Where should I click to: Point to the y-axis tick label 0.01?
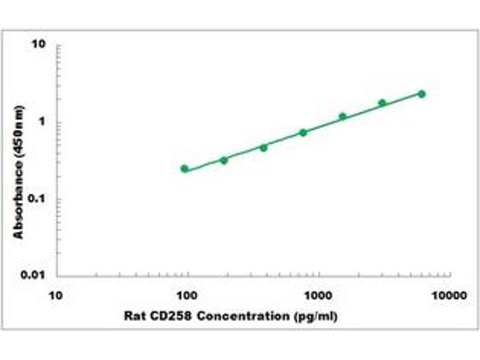[35, 275]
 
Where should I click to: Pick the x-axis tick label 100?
[188, 296]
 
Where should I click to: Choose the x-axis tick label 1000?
[319, 296]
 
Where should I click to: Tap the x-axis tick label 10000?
[450, 296]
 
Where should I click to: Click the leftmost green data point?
[184, 169]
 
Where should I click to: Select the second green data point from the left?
[224, 160]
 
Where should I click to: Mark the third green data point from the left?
[263, 147]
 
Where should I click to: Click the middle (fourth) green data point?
[303, 133]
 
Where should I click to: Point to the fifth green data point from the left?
[343, 116]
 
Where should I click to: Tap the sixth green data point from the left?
[382, 103]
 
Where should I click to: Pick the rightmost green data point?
[421, 94]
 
